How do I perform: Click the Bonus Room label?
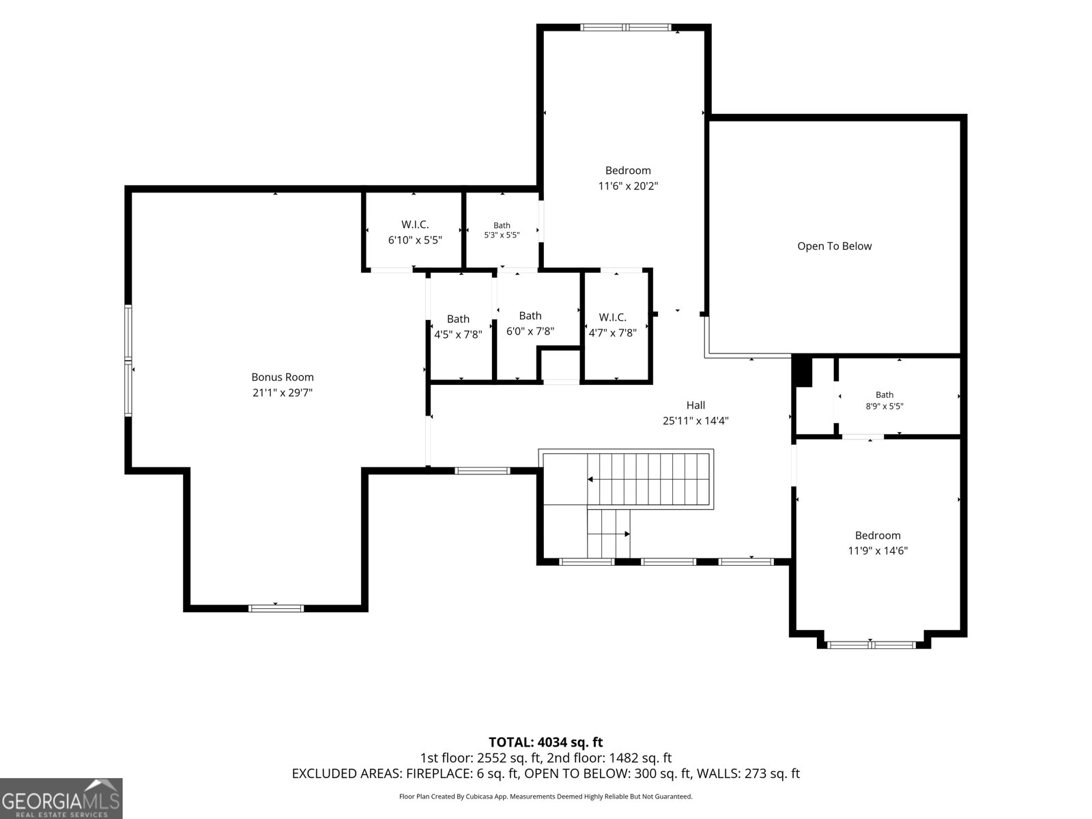(282, 377)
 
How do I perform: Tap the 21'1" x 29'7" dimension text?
(282, 392)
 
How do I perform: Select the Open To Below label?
(834, 246)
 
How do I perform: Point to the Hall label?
(695, 405)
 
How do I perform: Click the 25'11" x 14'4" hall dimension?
(695, 420)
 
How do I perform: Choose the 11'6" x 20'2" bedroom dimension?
(628, 186)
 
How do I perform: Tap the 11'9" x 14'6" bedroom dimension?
(878, 551)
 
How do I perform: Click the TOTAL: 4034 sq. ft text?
(546, 743)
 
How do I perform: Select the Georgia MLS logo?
(61, 798)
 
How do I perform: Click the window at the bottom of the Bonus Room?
(276, 608)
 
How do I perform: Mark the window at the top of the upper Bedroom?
(626, 27)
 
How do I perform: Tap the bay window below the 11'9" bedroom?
(871, 645)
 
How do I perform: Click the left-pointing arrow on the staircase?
(590, 479)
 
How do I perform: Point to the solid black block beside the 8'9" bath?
(802, 371)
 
